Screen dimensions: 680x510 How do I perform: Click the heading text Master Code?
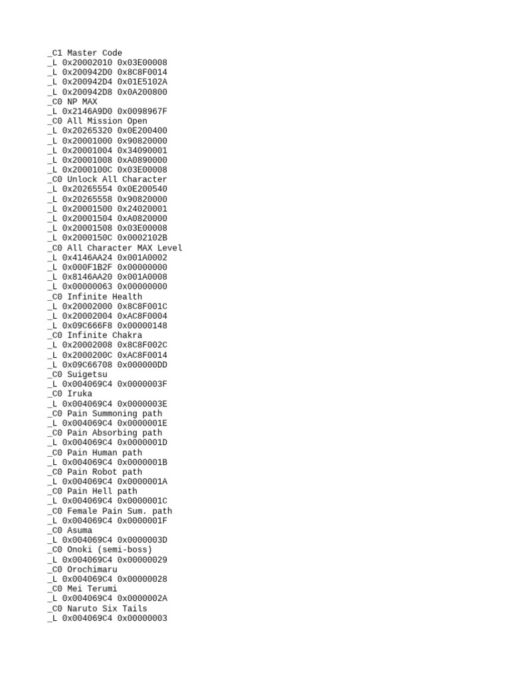pyautogui.click(x=94, y=53)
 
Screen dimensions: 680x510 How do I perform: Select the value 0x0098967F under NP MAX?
pyautogui.click(x=142, y=112)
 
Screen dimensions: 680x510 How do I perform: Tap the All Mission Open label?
pyautogui.click(x=107, y=122)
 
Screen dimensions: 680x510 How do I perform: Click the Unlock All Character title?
pyautogui.click(x=117, y=179)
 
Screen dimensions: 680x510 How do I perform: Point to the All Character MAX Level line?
pyautogui.click(x=124, y=248)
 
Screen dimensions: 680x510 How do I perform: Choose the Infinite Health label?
pyautogui.click(x=104, y=297)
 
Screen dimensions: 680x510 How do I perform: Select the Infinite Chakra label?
pyautogui.click(x=104, y=335)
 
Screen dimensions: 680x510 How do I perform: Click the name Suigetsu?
pyautogui.click(x=87, y=375)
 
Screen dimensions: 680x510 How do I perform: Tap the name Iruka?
pyautogui.click(x=80, y=394)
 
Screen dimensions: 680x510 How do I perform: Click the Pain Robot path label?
pyautogui.click(x=104, y=472)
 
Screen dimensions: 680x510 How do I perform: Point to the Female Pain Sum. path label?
pyautogui.click(x=120, y=511)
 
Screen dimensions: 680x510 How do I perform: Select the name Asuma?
pyautogui.click(x=80, y=531)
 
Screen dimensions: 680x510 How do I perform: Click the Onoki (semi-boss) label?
pyautogui.click(x=110, y=550)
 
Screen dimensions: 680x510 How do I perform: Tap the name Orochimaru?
pyautogui.click(x=92, y=570)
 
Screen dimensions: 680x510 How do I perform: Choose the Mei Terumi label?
pyautogui.click(x=92, y=589)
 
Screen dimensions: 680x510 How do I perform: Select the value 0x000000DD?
pyautogui.click(x=142, y=365)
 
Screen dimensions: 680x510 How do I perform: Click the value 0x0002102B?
pyautogui.click(x=142, y=238)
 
